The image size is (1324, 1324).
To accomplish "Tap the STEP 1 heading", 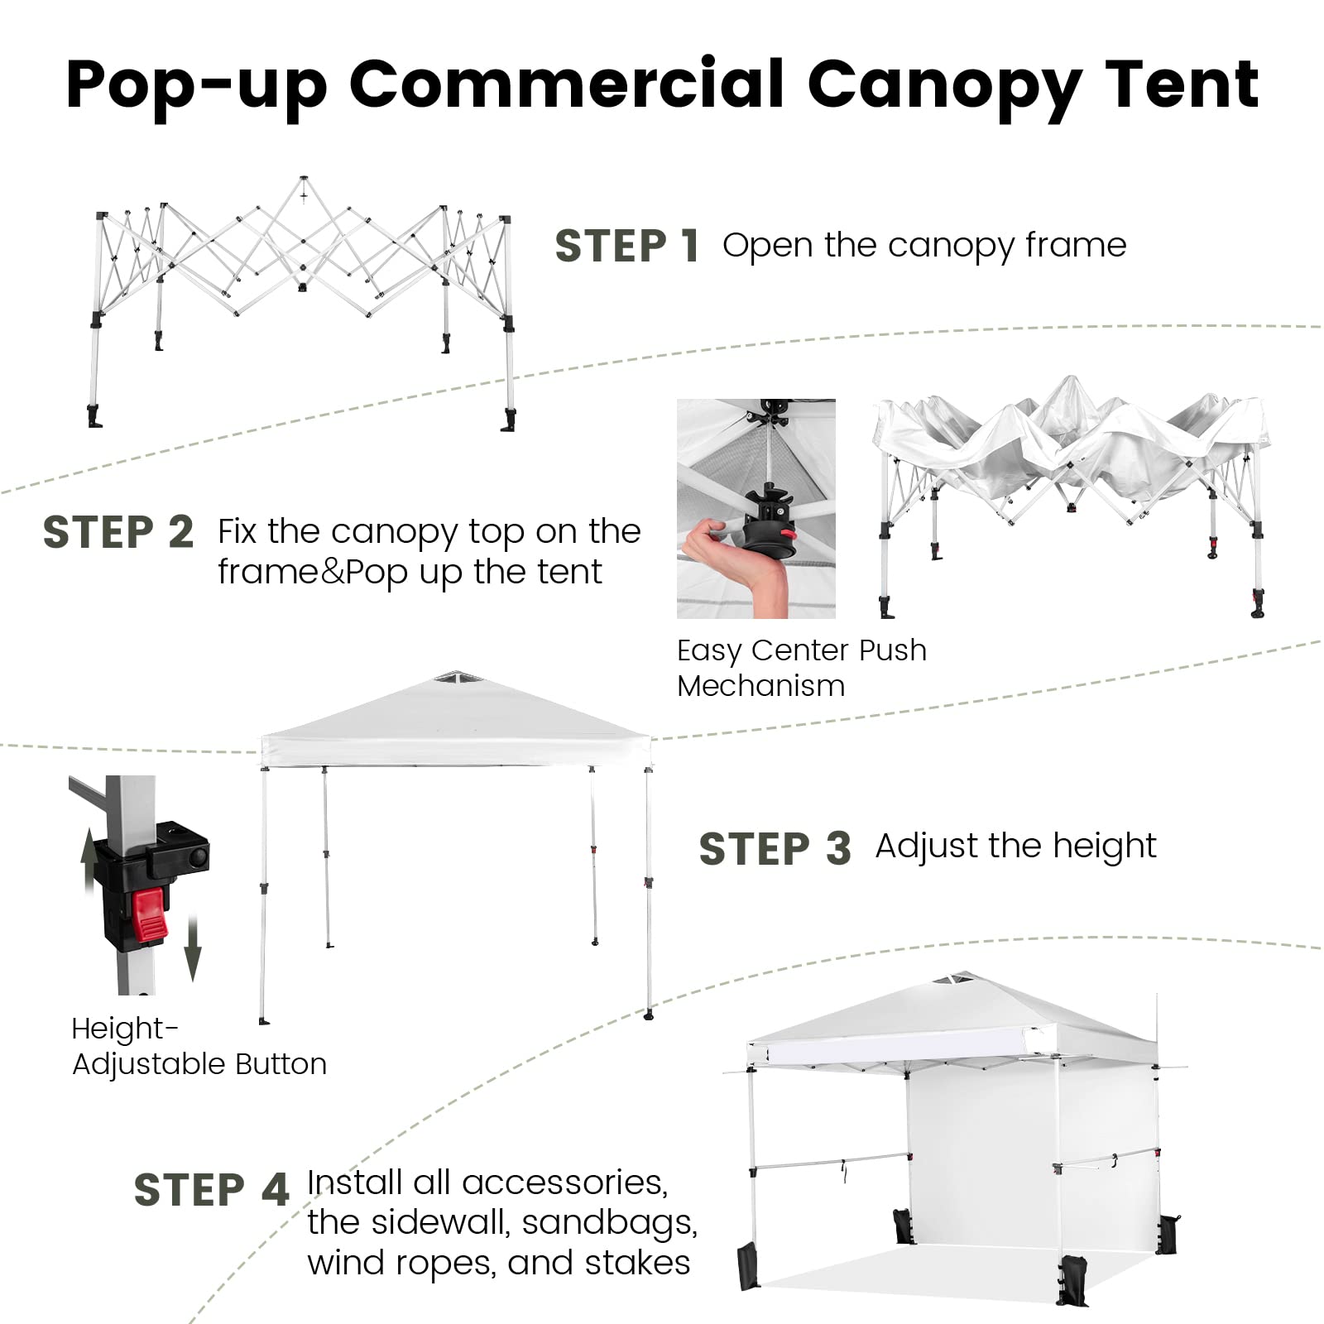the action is coord(627,246).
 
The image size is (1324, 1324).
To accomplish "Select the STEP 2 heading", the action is coord(118,532).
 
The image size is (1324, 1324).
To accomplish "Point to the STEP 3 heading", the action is coord(775,849).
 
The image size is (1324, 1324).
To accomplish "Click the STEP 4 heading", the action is coord(212,1190).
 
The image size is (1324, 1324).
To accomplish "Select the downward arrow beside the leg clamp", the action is coord(193,948).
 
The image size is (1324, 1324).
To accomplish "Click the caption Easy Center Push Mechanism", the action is coord(801,668).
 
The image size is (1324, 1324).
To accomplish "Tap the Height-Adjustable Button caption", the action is coord(199,1046).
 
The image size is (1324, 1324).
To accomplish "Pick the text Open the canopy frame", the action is coord(924,246).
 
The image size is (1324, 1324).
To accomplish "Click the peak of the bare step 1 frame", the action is coord(304,179).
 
